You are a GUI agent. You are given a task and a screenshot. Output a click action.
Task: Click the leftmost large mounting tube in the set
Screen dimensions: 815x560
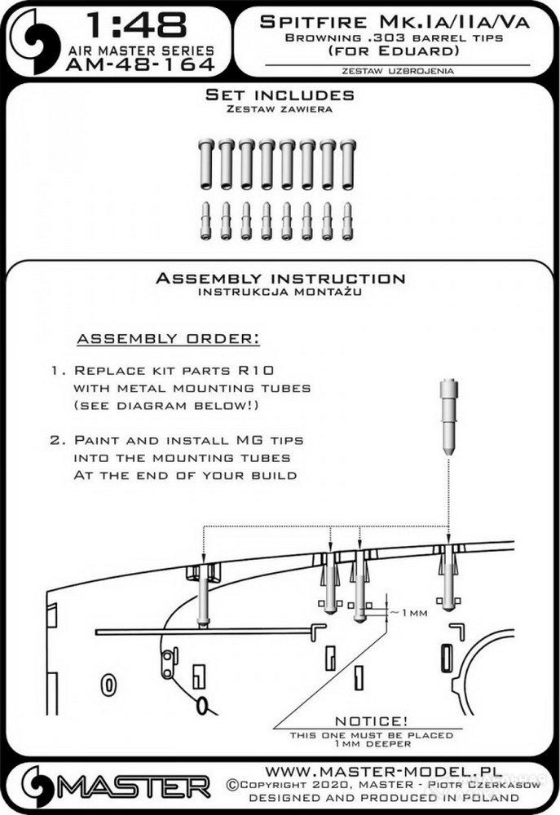205,164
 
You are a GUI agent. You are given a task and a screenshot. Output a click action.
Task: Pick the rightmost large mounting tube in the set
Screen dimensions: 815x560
348,164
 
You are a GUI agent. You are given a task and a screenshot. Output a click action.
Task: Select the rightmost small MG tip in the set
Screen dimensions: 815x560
348,221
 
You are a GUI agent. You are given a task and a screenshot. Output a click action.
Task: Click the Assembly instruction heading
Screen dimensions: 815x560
280,279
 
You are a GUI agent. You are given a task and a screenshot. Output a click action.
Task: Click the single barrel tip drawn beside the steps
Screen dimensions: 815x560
448,416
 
